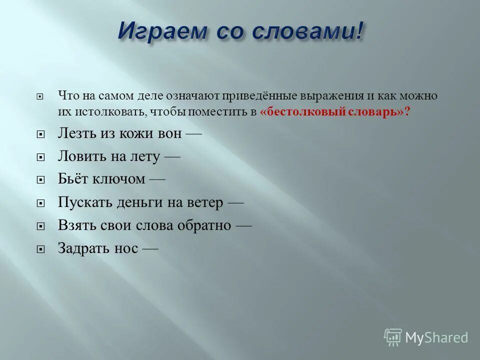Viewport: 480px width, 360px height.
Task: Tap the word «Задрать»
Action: tap(82, 248)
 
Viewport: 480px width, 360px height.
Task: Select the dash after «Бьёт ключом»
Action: tap(156, 179)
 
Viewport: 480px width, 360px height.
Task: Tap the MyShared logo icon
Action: tap(393, 336)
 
